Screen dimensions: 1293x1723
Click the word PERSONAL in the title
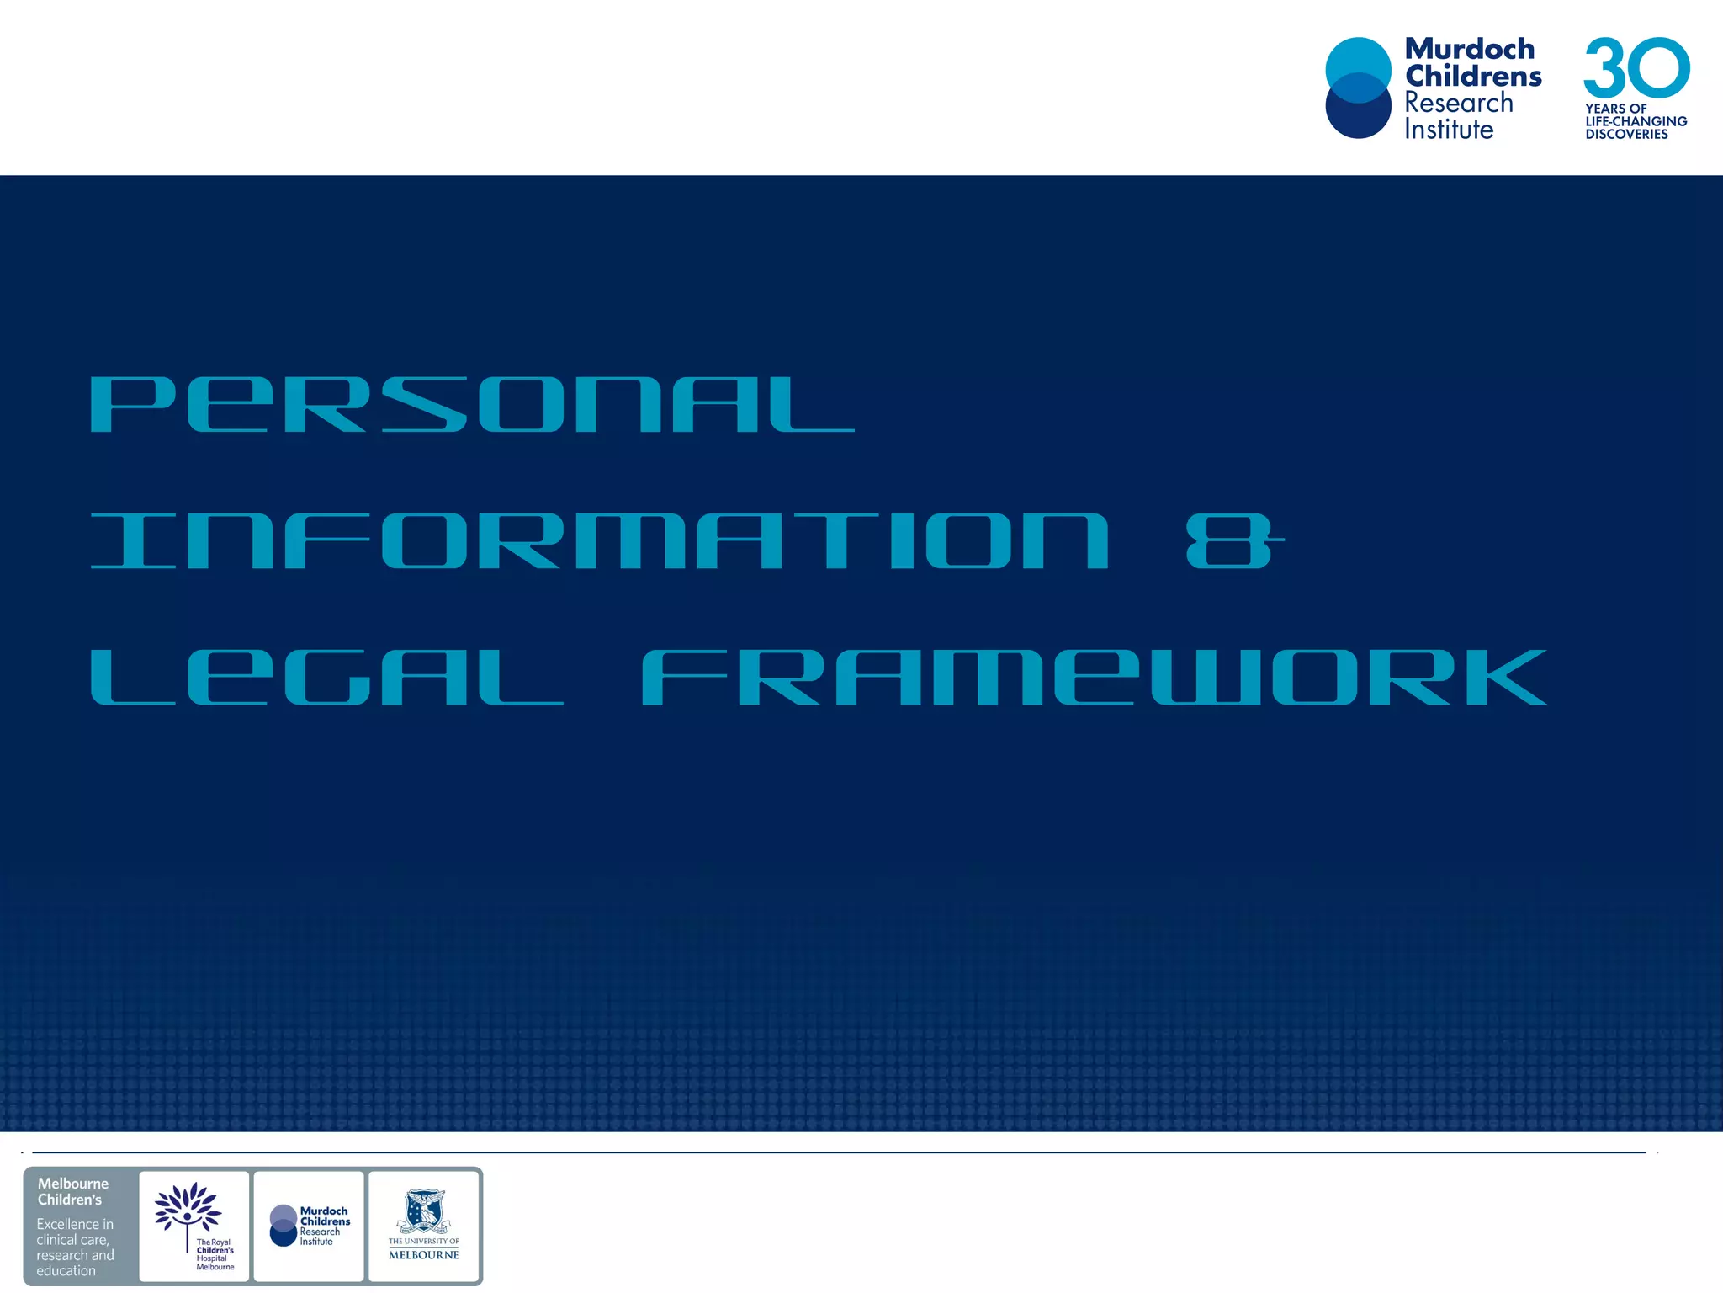point(471,405)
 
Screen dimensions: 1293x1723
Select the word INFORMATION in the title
point(599,541)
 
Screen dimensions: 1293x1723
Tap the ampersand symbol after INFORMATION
point(1233,541)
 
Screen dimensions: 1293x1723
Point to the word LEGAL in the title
point(326,678)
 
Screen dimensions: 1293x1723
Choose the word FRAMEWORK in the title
point(1094,678)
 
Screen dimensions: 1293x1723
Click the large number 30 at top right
point(1636,67)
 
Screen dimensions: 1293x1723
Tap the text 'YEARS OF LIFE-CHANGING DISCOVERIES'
point(1635,121)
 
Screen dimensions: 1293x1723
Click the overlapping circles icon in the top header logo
point(1358,88)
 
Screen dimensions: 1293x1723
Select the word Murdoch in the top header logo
point(1470,49)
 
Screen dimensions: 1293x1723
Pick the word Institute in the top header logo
point(1449,130)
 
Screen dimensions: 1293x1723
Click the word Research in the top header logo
point(1459,103)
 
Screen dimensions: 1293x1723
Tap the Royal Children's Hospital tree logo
point(188,1210)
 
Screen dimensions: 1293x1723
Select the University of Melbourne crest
point(424,1211)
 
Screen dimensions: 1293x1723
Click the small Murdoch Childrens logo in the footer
point(309,1226)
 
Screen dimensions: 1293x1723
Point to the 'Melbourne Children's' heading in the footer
point(72,1191)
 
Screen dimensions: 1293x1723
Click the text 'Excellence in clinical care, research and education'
point(74,1247)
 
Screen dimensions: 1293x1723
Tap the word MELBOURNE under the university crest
point(424,1254)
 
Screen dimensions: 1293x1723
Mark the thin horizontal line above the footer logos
point(838,1152)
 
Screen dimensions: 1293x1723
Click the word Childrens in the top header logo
point(1473,76)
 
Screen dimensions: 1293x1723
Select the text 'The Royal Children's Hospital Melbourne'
point(215,1254)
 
